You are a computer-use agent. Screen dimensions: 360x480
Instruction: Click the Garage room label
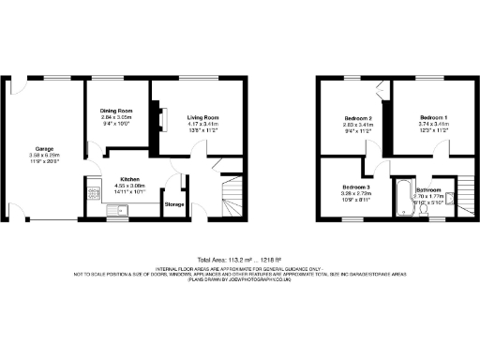[44, 148]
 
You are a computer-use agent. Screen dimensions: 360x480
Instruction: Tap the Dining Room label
[117, 111]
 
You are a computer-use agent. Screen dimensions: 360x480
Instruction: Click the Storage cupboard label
[174, 203]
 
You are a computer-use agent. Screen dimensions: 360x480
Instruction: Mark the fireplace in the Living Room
[160, 116]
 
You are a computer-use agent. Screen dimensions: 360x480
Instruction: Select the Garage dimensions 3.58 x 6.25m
[44, 155]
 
